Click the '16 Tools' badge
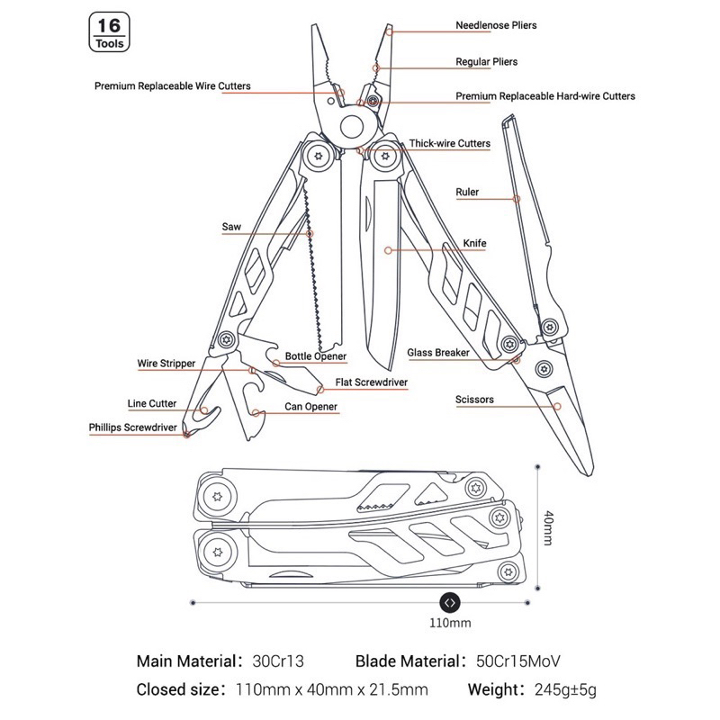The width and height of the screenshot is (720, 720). [x=109, y=32]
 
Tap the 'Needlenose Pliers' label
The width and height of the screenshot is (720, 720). [x=496, y=25]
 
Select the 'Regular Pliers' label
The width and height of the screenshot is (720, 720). [x=486, y=61]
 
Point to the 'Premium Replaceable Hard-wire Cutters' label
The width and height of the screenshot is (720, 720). [x=545, y=96]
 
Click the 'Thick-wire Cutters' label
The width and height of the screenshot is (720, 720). [x=449, y=143]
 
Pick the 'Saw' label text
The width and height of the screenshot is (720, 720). [x=231, y=227]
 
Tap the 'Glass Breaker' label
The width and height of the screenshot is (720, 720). [x=438, y=353]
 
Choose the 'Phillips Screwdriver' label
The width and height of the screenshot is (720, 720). [x=132, y=427]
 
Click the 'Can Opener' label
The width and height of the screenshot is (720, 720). [x=310, y=407]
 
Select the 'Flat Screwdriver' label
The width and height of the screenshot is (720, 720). [x=371, y=382]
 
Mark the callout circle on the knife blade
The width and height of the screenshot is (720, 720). [x=389, y=250]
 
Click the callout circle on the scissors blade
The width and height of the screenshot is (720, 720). [x=557, y=407]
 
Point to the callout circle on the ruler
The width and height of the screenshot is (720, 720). [x=517, y=199]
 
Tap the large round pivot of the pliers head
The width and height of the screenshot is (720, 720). [x=352, y=126]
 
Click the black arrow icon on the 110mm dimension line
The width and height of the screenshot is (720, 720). [x=450, y=603]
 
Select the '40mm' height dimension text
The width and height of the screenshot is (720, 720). [x=548, y=527]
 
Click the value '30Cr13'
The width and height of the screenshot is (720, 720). [x=278, y=661]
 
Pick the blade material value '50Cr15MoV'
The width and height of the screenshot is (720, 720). [x=518, y=661]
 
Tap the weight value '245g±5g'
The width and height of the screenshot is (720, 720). [x=565, y=689]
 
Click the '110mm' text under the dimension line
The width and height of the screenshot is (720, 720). [x=450, y=623]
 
